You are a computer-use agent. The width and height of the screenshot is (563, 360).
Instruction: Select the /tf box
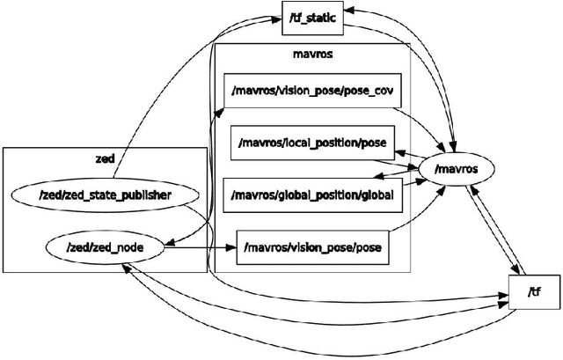[x=533, y=291]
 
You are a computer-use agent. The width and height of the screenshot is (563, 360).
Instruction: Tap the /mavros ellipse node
[x=457, y=165]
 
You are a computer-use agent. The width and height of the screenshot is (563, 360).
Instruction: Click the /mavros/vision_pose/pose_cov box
[x=308, y=90]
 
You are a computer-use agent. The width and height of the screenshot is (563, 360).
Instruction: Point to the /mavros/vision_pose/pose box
[x=313, y=247]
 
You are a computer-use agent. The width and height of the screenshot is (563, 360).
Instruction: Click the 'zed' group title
[x=105, y=158]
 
